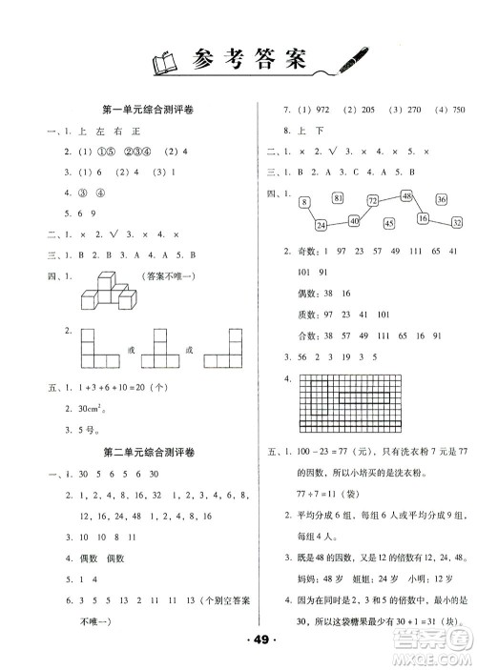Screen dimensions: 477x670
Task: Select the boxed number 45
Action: tap(388, 224)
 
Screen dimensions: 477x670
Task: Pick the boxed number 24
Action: tap(320, 225)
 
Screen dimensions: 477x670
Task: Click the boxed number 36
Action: tap(441, 199)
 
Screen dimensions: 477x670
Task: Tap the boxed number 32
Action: tap(457, 222)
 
